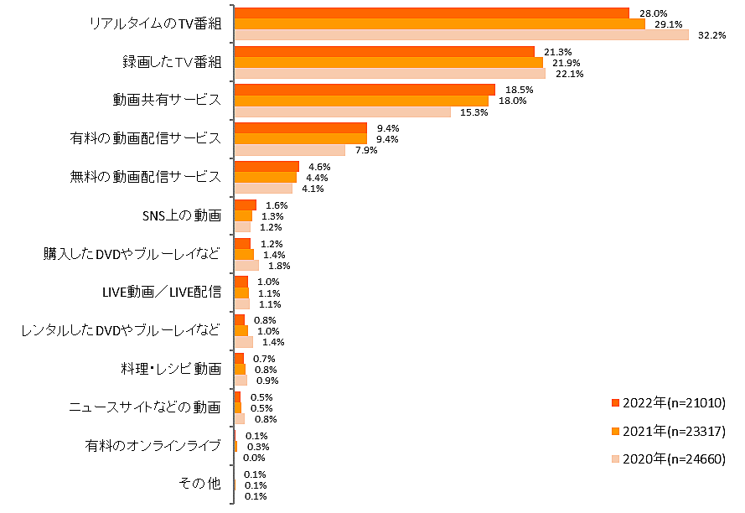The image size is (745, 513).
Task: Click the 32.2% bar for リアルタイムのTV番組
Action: [461, 35]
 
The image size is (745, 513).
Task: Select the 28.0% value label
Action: [653, 13]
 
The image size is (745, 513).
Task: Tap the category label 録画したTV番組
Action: [168, 62]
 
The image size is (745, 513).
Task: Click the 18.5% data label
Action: [519, 90]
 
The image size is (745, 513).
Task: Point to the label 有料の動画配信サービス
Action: [145, 138]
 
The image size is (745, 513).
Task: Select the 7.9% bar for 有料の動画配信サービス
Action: [289, 150]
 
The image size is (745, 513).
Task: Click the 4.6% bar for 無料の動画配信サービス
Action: [266, 167]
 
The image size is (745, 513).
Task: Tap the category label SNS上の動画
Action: [182, 215]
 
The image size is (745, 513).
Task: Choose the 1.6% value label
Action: [277, 205]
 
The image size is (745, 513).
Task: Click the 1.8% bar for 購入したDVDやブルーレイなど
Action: [246, 266]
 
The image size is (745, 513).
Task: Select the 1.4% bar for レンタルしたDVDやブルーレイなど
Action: [243, 342]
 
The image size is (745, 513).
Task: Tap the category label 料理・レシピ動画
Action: [171, 369]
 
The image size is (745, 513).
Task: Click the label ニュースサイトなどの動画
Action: [144, 407]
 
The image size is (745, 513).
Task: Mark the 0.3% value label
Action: [256, 447]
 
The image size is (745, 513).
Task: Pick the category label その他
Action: [199, 484]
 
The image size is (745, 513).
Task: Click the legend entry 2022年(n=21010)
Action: [668, 403]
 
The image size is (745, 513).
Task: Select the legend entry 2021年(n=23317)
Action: [668, 431]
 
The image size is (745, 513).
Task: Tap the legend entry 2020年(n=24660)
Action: [668, 459]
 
